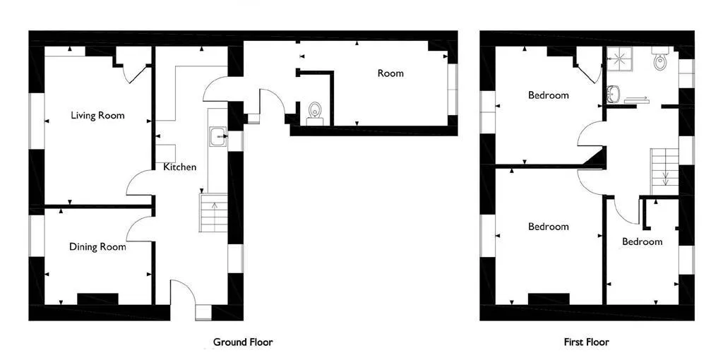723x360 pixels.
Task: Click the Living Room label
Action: (97, 115)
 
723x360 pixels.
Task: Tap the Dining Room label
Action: (97, 246)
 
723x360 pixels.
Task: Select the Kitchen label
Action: (180, 167)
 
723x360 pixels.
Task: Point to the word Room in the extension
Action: (390, 73)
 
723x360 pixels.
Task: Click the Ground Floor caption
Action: (243, 342)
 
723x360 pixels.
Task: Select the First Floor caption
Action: (586, 342)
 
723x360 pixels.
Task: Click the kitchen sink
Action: (217, 136)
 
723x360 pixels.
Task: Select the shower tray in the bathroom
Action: (619, 59)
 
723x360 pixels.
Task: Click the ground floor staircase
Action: (213, 212)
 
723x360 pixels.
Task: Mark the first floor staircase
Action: (664, 172)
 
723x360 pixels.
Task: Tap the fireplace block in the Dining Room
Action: (97, 299)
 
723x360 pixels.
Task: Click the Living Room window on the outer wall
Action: (37, 121)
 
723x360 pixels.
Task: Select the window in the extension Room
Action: (453, 89)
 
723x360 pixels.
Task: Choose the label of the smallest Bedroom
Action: (642, 241)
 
